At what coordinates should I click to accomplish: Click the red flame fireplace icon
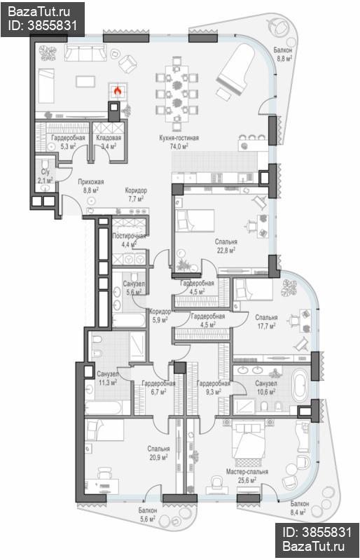[x=117, y=91]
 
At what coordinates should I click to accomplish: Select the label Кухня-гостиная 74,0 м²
[x=179, y=142]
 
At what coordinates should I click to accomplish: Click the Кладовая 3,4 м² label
[x=109, y=142]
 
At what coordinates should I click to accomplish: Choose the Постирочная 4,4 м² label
[x=129, y=240]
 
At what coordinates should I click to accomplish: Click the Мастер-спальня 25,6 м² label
[x=247, y=476]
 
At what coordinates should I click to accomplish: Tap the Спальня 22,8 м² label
[x=226, y=246]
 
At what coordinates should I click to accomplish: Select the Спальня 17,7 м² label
[x=266, y=321]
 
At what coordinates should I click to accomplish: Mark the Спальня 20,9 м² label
[x=159, y=453]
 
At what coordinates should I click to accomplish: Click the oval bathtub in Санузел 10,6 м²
[x=300, y=386]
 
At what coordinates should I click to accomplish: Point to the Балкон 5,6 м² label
[x=148, y=514]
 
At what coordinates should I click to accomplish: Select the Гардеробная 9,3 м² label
[x=214, y=387]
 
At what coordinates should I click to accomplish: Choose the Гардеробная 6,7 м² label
[x=158, y=387]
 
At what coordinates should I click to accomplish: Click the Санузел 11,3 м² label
[x=107, y=378]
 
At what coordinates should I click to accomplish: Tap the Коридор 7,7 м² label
[x=136, y=195]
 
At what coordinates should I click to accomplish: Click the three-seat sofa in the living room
[x=85, y=53]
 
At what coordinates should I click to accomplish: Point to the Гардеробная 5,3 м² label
[x=68, y=142]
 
